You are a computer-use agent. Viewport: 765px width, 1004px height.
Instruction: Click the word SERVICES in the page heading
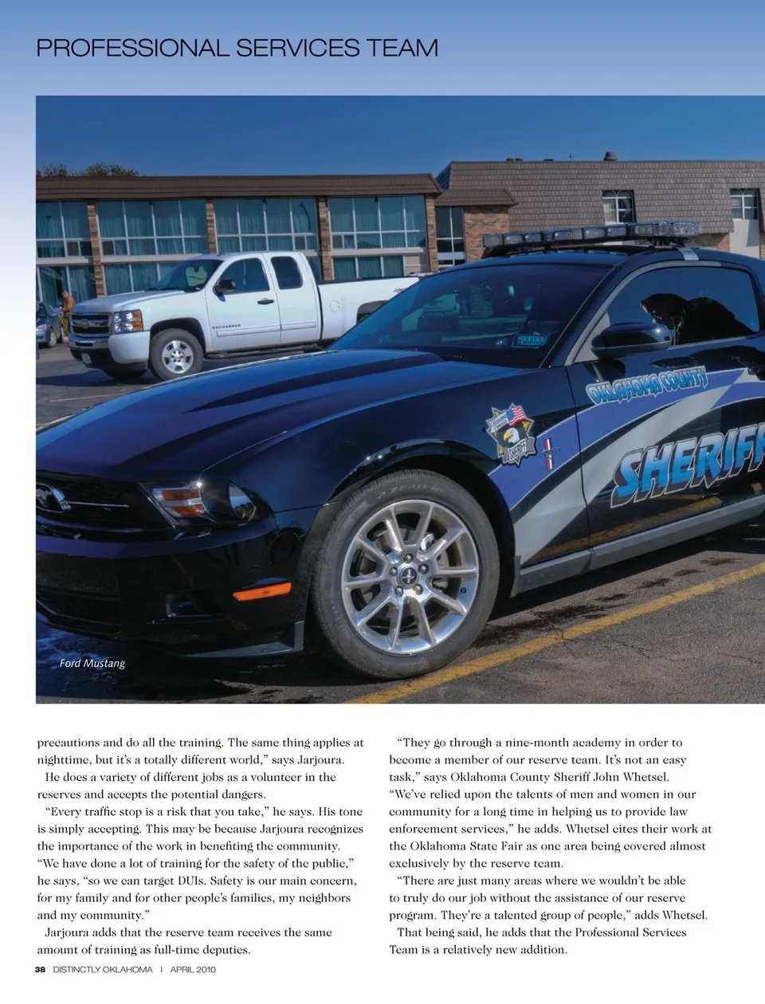(297, 48)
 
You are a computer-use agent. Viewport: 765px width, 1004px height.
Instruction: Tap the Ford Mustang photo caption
(92, 663)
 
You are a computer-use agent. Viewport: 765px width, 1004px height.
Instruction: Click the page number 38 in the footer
(40, 970)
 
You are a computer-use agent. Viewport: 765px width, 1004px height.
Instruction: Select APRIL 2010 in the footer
(193, 970)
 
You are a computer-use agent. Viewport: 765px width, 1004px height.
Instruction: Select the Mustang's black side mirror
(630, 339)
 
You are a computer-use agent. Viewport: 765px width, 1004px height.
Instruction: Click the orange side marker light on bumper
(261, 592)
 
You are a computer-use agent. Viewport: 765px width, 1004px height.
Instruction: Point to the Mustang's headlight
(199, 500)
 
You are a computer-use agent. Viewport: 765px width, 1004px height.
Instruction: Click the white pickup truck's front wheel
(176, 355)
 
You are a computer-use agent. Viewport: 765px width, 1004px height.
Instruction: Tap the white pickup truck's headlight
(127, 322)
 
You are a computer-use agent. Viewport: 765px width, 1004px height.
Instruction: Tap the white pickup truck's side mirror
(226, 284)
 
